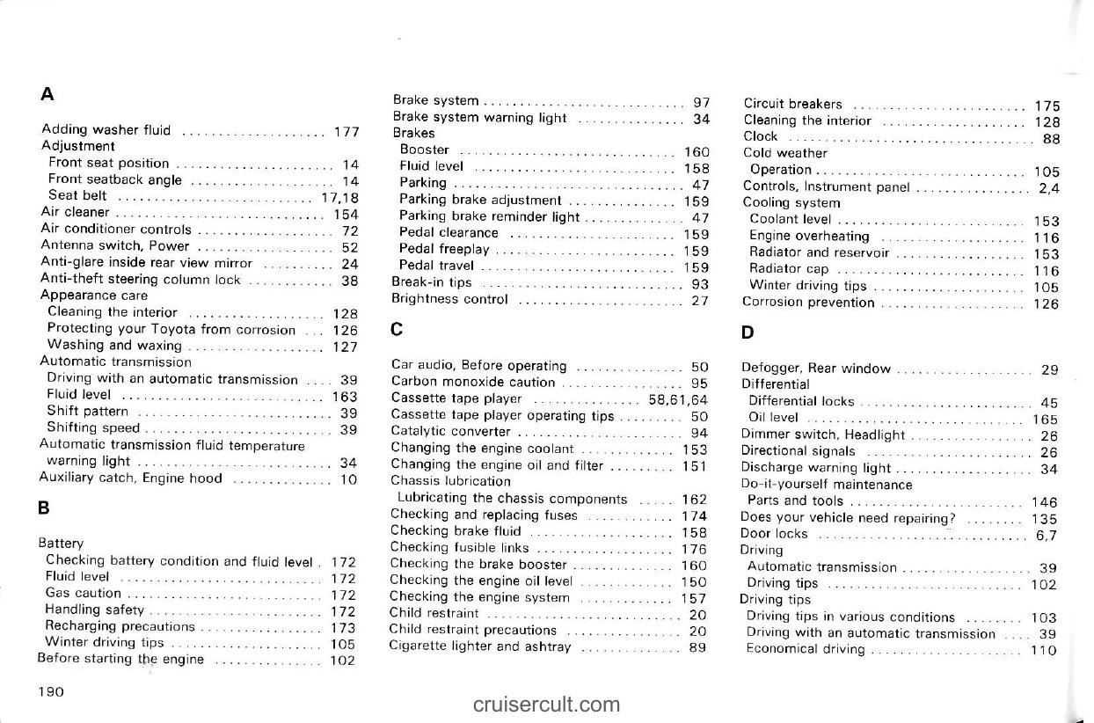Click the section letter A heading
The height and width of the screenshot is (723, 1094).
[47, 93]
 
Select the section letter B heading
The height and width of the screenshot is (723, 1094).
[44, 508]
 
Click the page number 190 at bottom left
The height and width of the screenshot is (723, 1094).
[51, 691]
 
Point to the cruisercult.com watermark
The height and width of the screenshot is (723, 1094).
[545, 704]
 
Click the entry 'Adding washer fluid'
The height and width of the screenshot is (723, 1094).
[106, 131]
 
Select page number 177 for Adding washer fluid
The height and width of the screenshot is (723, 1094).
[346, 132]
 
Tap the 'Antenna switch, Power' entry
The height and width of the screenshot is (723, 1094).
[115, 246]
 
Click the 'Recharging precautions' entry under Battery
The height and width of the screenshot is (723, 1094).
[120, 626]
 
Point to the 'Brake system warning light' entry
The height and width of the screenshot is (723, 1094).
[480, 117]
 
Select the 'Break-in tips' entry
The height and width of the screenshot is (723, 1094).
[432, 282]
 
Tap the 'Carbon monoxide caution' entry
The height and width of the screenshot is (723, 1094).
[473, 383]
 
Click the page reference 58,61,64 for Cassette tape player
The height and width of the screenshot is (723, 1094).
[678, 399]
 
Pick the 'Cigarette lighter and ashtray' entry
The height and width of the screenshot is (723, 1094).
[480, 647]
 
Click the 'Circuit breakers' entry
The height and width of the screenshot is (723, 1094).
[793, 104]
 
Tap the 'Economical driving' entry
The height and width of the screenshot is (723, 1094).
[805, 649]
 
